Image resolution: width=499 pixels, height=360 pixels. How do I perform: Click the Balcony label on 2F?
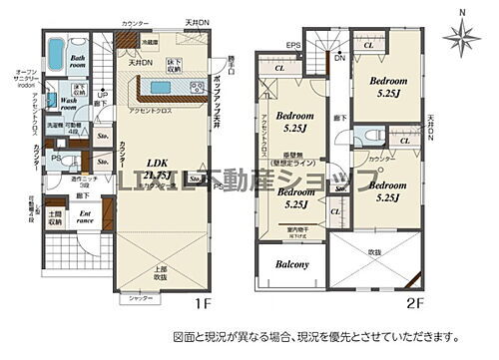[286, 264]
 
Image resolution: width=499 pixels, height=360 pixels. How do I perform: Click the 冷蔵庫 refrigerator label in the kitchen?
[149, 43]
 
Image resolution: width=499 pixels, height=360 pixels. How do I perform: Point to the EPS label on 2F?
[293, 45]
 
